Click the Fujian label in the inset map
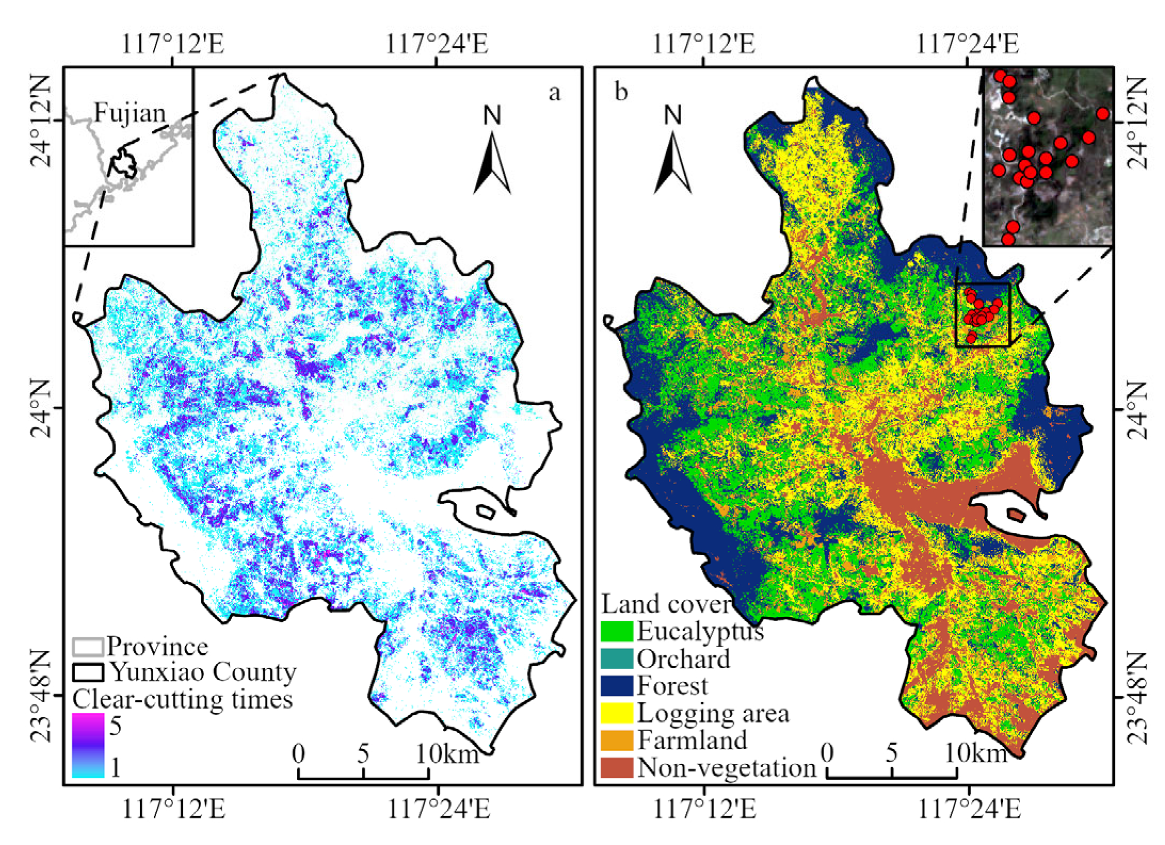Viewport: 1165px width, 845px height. [x=130, y=113]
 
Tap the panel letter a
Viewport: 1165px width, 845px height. [x=554, y=93]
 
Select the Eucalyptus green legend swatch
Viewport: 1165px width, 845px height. [x=617, y=631]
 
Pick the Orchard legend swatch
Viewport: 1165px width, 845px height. [x=617, y=659]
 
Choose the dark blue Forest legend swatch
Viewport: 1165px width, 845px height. [x=617, y=686]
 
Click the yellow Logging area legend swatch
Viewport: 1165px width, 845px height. [x=617, y=713]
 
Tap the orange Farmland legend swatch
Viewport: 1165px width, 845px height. [x=617, y=740]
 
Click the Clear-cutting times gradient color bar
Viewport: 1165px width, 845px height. [x=88, y=745]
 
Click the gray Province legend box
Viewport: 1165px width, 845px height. [x=88, y=647]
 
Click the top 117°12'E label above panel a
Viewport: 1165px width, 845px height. [x=173, y=44]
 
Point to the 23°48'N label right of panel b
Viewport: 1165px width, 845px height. [x=1137, y=696]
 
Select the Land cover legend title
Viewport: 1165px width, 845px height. [x=666, y=604]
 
